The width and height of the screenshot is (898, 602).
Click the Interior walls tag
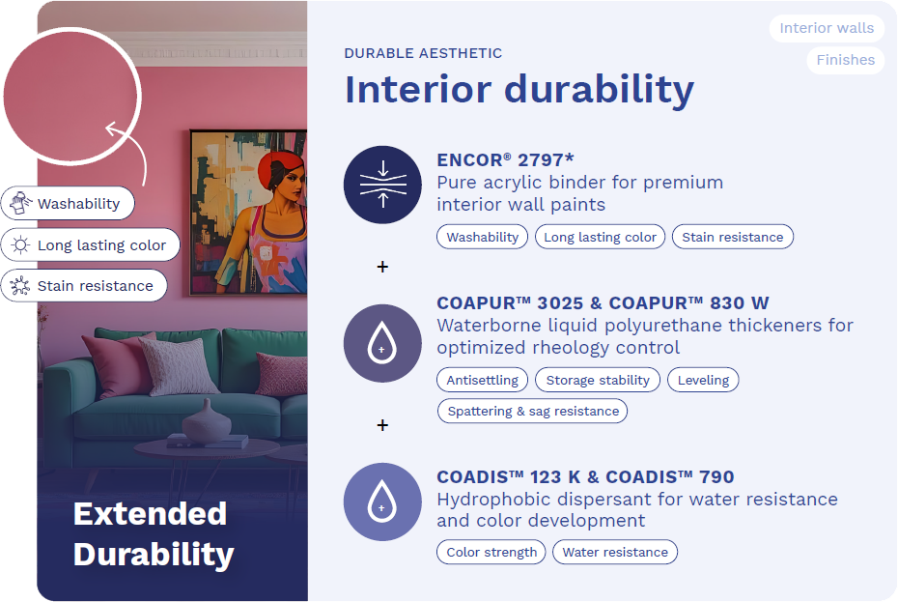[827, 28]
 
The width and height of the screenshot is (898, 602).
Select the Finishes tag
[845, 60]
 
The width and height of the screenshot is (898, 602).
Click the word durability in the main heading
[599, 89]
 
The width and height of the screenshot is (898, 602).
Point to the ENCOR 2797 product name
[505, 159]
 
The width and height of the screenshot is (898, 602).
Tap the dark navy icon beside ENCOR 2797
[382, 185]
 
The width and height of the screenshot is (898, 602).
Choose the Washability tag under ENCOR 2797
[482, 237]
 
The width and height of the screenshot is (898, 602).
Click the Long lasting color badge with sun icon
[91, 244]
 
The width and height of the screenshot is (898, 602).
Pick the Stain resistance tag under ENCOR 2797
[733, 237]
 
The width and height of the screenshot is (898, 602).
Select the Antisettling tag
[482, 380]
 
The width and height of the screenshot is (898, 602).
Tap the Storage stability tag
[598, 380]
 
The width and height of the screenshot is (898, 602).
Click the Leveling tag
[703, 380]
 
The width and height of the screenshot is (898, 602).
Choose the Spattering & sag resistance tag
[533, 411]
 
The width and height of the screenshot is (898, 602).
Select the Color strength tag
[491, 552]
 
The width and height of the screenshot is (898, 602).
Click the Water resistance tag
[615, 552]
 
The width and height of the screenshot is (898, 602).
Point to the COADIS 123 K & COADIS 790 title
[585, 476]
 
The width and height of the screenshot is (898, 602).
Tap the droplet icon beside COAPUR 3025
[382, 343]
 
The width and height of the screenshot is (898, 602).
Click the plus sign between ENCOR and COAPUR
[382, 267]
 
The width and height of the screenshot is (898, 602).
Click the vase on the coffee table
[207, 421]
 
